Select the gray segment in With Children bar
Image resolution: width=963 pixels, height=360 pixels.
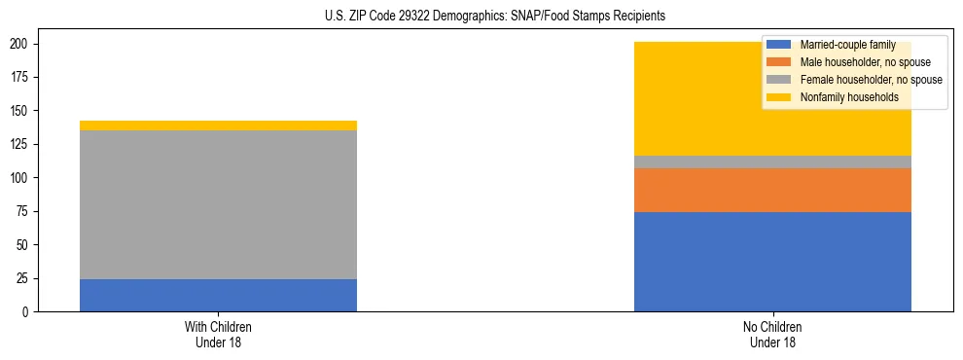click(218, 204)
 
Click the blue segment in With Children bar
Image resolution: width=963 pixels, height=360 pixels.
click(218, 295)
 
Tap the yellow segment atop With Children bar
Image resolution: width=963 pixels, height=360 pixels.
click(218, 126)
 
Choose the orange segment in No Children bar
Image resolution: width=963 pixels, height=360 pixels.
click(772, 190)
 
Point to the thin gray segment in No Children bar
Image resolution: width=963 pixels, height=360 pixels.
click(772, 162)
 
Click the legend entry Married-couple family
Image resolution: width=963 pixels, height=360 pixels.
click(847, 46)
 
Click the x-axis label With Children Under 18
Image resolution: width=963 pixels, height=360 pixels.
click(218, 334)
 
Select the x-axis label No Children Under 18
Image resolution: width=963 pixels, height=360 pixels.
click(772, 334)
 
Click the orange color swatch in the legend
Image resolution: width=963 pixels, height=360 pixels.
click(779, 62)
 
